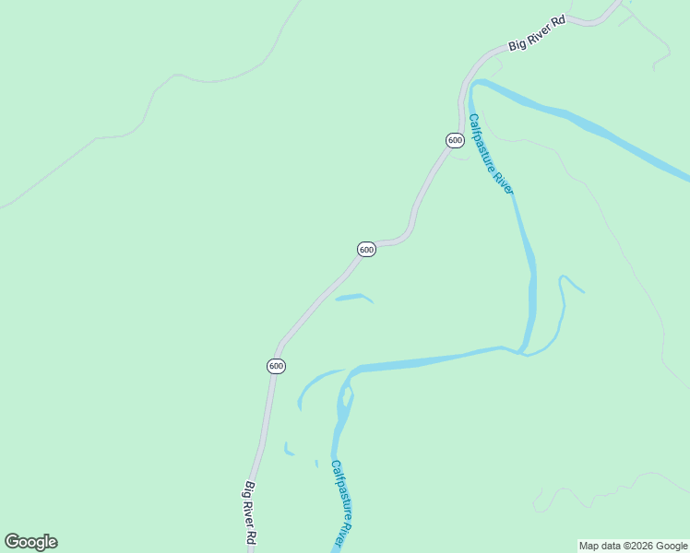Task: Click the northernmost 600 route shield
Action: pos(455,140)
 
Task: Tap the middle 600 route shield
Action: pos(366,250)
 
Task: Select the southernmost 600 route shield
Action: pos(276,366)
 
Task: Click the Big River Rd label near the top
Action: pos(537,37)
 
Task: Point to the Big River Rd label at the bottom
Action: pos(250,513)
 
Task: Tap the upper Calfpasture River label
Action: pos(490,154)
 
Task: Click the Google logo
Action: pos(30,542)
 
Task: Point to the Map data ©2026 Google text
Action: pos(633,546)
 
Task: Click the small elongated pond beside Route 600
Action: pos(353,298)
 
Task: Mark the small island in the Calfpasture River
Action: pos(347,397)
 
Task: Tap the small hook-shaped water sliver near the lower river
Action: pos(288,451)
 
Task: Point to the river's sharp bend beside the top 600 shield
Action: pos(473,89)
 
